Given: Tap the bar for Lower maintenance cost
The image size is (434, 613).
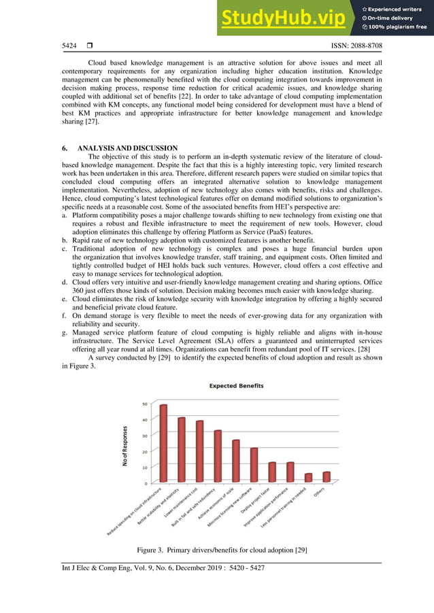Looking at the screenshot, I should click(199, 451).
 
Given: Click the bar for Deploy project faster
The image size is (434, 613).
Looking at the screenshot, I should click(272, 472).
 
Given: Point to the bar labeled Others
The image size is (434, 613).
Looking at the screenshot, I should click(327, 477).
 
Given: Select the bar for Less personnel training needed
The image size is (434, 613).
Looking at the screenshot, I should click(308, 478).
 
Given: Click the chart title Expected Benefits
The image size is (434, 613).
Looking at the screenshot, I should click(236, 386).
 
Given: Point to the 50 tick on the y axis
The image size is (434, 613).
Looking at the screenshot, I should click(144, 404).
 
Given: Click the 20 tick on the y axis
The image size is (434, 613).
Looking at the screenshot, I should click(144, 451).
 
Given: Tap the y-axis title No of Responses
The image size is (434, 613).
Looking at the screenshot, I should click(127, 446).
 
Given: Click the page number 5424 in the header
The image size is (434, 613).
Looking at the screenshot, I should click(69, 46).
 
